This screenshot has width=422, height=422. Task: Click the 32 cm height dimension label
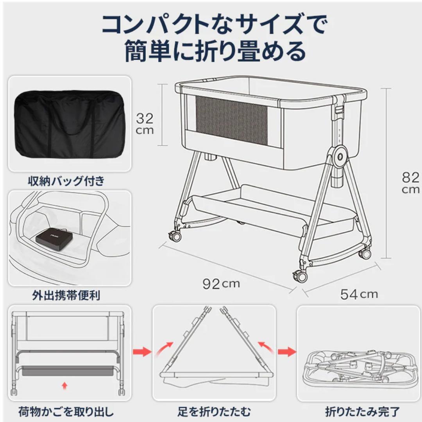[x=145, y=123]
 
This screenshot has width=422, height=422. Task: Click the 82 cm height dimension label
[x=410, y=182]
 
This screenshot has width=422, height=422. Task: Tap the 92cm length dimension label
[x=221, y=284]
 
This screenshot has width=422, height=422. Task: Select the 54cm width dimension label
[x=359, y=294]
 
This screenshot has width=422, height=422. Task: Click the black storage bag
[x=70, y=123]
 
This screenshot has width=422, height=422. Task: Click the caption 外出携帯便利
[x=66, y=295]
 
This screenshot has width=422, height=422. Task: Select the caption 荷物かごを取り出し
[x=66, y=411]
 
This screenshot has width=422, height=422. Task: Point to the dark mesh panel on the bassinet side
[x=231, y=120]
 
